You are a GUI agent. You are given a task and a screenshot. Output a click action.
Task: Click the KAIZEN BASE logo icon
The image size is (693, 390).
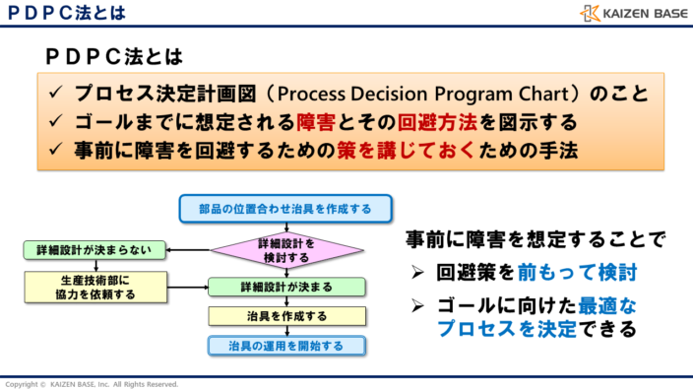click(x=591, y=13)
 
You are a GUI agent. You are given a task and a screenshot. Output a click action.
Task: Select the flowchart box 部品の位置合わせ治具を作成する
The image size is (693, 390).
click(x=286, y=209)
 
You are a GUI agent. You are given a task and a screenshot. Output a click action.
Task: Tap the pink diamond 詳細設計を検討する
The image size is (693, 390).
click(x=286, y=251)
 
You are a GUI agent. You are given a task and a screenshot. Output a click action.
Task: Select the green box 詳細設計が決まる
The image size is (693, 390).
click(x=286, y=287)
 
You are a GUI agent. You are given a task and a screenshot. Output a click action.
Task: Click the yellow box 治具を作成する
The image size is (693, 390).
click(x=286, y=316)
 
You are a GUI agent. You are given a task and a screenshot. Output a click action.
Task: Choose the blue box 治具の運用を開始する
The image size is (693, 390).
click(x=286, y=346)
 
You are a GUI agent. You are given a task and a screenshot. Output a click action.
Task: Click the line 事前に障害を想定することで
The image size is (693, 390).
click(x=535, y=239)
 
